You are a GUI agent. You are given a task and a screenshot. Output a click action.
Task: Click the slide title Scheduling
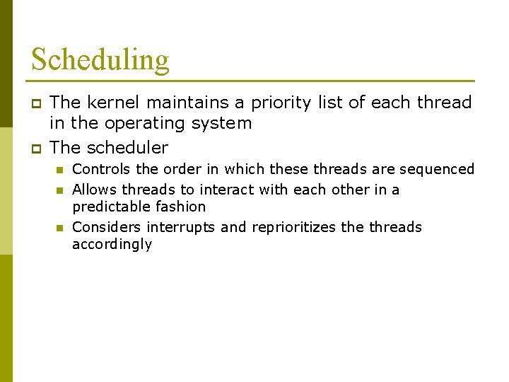click(100, 59)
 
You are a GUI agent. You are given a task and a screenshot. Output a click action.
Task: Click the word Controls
click(101, 169)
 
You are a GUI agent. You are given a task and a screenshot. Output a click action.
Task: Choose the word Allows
click(95, 190)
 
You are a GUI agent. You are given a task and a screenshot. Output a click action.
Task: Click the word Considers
click(107, 227)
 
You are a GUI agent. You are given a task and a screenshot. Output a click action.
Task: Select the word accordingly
click(112, 245)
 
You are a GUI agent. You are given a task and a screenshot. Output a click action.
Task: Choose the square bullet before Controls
click(61, 170)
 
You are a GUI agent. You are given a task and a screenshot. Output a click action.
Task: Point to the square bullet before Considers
click(61, 228)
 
